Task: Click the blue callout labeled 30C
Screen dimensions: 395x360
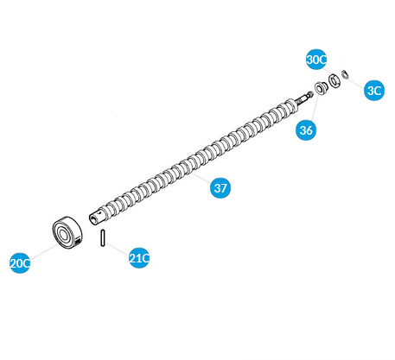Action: (316, 60)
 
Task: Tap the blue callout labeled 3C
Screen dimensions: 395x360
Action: (374, 91)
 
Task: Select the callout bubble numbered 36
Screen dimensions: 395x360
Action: (306, 130)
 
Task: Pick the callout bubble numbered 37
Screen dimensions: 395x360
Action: (220, 188)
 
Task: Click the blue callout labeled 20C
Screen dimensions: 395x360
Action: (20, 262)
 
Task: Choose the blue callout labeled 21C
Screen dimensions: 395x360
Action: (139, 258)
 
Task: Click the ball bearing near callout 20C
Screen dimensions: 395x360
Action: (67, 233)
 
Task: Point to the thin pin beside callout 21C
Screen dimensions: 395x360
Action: (102, 237)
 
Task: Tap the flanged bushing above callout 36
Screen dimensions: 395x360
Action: (321, 88)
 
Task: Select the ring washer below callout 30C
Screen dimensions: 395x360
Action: (334, 81)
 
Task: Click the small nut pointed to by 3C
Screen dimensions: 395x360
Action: (345, 74)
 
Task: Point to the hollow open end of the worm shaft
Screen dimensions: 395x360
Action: (92, 219)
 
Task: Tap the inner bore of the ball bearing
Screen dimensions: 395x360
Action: (63, 236)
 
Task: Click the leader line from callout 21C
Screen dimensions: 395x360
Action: (117, 249)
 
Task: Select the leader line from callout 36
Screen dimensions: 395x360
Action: (314, 106)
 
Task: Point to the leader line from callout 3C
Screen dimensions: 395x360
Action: (356, 81)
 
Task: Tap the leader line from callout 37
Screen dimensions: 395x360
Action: (202, 178)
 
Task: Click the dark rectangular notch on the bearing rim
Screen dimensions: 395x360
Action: (79, 241)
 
